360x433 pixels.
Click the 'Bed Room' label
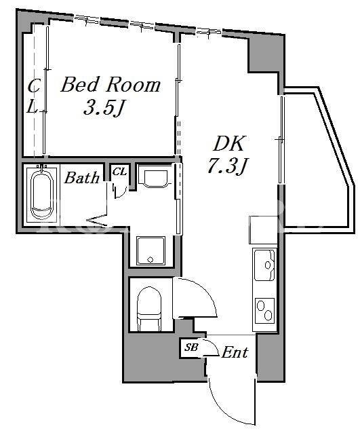coord(111,85)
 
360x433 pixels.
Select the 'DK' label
coord(229,144)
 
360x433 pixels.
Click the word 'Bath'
coord(81,178)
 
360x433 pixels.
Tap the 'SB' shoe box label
coord(191,347)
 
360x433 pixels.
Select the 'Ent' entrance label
coord(235,353)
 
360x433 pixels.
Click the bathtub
coord(42,194)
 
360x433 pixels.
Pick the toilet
coord(149,308)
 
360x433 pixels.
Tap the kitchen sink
coord(264,265)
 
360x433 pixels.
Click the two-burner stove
coord(265,311)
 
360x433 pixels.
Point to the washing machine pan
coord(151,250)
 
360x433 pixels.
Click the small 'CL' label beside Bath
coord(119,172)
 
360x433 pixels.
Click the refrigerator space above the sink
coord(263,230)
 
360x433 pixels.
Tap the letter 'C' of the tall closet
coord(34,86)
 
